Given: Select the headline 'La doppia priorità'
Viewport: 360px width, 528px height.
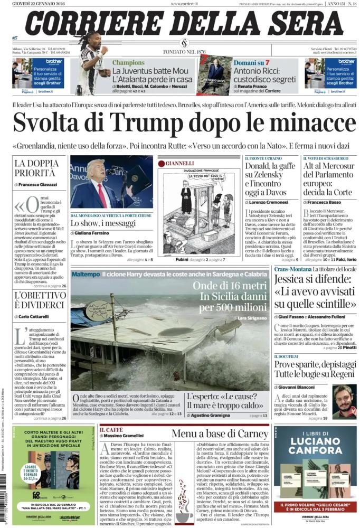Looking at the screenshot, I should (35, 168).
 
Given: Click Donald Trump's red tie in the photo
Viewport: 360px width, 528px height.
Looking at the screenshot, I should (100, 194).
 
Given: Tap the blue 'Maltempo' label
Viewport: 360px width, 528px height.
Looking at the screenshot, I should (86, 275).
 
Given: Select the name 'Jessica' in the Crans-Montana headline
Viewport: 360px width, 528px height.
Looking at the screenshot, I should (292, 278).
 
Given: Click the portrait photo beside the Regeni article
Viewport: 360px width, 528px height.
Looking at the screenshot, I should (345, 401).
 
